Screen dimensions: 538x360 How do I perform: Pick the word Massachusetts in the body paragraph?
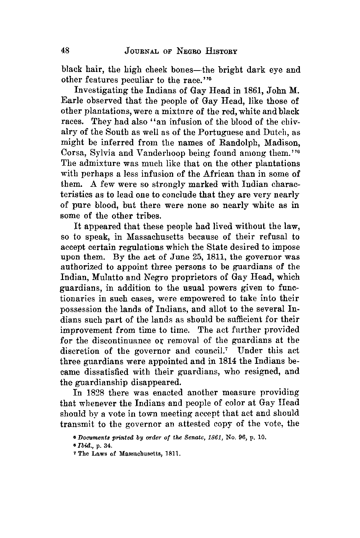tap(142, 237)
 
